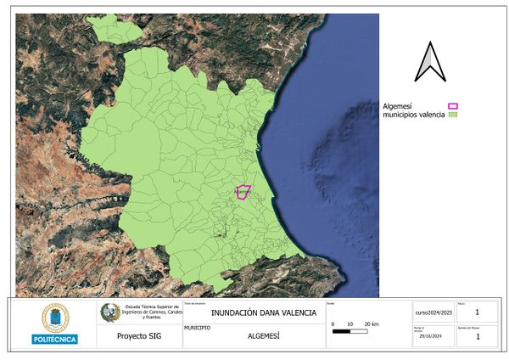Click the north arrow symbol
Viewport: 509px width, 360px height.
430,62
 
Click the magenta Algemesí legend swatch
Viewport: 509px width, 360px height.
452,106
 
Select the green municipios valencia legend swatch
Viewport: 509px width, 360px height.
452,115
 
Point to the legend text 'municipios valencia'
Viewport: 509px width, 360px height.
413,115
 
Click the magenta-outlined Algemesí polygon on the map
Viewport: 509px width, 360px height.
243,192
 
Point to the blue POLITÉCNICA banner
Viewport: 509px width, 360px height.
54,340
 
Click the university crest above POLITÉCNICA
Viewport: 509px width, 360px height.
54,318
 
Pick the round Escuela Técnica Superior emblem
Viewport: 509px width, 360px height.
110,312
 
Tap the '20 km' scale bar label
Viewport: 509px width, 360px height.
371,324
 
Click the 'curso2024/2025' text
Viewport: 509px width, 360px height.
434,312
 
